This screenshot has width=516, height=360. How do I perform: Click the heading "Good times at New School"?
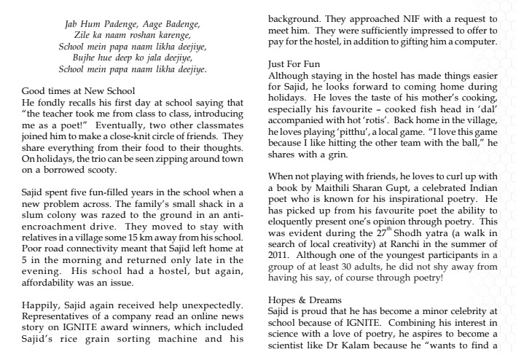pyautogui.click(x=78, y=91)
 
